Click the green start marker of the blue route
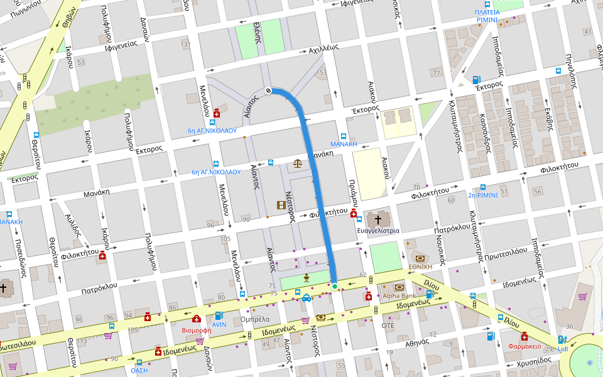[x=335, y=287]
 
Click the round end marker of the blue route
[x=269, y=90]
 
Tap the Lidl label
[x=562, y=349]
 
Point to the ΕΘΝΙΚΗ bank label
[x=420, y=266]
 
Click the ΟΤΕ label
[x=388, y=325]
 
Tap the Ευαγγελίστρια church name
[x=378, y=231]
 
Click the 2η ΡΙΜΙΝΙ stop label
[x=482, y=195]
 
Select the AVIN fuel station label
[x=219, y=325]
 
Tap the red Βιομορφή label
[x=195, y=329]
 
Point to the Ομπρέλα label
[x=255, y=319]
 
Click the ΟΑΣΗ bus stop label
[x=139, y=370]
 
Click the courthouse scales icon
[x=298, y=164]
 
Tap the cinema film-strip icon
[x=281, y=205]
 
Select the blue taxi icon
[x=307, y=298]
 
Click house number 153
[x=321, y=73]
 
